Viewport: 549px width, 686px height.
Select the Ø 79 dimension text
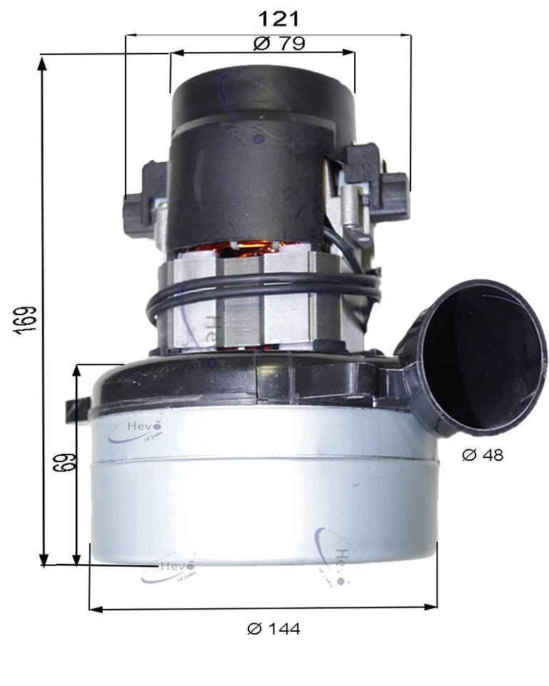point(280,43)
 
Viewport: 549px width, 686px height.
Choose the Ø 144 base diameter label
point(273,629)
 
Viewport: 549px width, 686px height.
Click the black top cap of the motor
point(262,96)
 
